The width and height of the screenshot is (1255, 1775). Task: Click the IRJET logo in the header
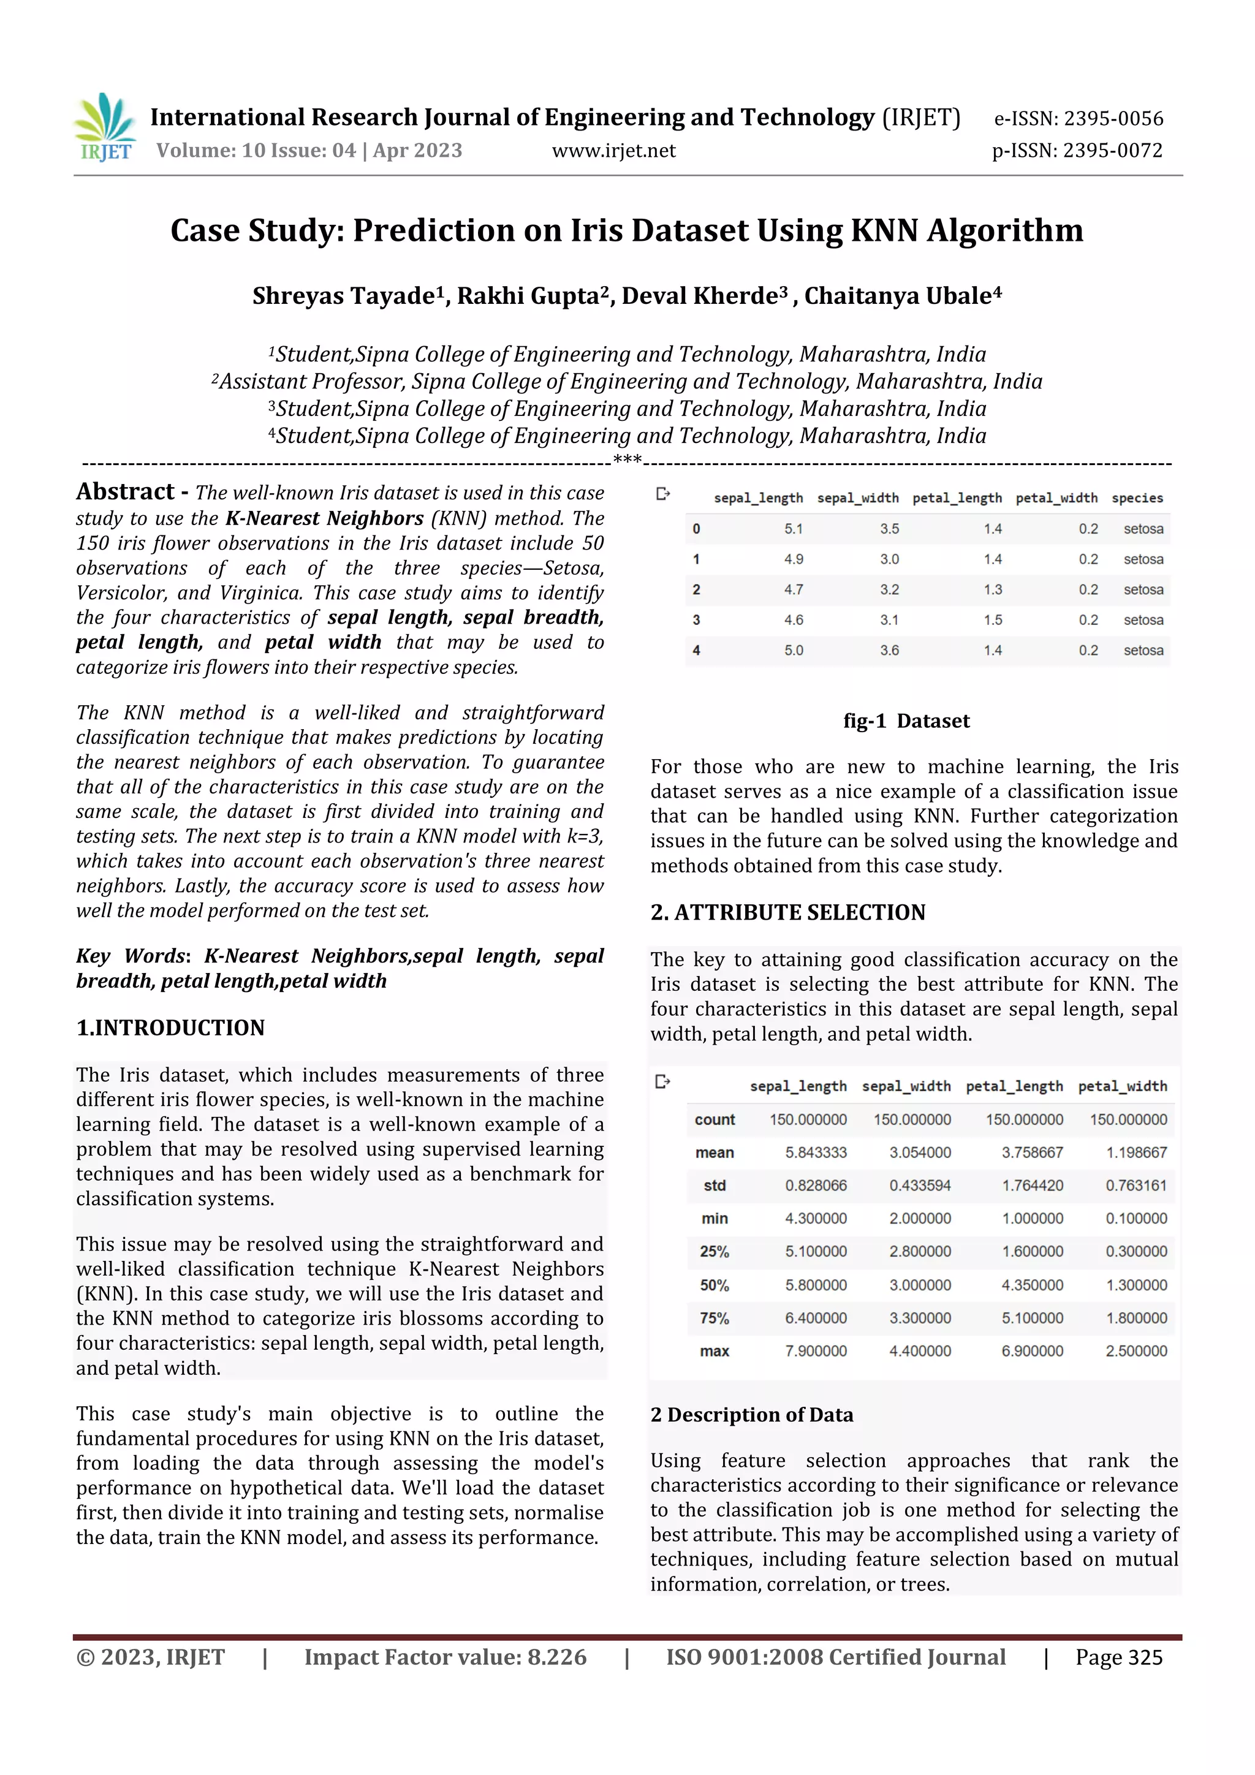[x=106, y=128]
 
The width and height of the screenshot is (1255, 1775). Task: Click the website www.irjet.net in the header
[x=613, y=151]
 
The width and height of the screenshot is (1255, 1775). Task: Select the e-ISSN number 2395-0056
[x=1078, y=118]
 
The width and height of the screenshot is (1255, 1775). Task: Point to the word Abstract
[x=125, y=491]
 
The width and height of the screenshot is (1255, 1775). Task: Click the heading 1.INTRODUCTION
[x=170, y=1028]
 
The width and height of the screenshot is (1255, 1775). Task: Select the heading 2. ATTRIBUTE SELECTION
[x=787, y=912]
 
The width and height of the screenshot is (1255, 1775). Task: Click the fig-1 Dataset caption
[x=906, y=721]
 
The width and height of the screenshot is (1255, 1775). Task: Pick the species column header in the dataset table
[x=1137, y=498]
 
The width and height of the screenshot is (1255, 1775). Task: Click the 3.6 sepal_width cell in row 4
[x=889, y=650]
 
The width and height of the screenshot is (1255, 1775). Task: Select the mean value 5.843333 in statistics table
[x=816, y=1152]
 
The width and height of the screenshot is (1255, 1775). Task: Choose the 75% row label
[x=715, y=1318]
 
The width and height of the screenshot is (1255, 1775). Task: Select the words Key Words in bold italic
[x=130, y=956]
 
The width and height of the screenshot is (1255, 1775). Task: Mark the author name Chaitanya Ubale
[x=903, y=296]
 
